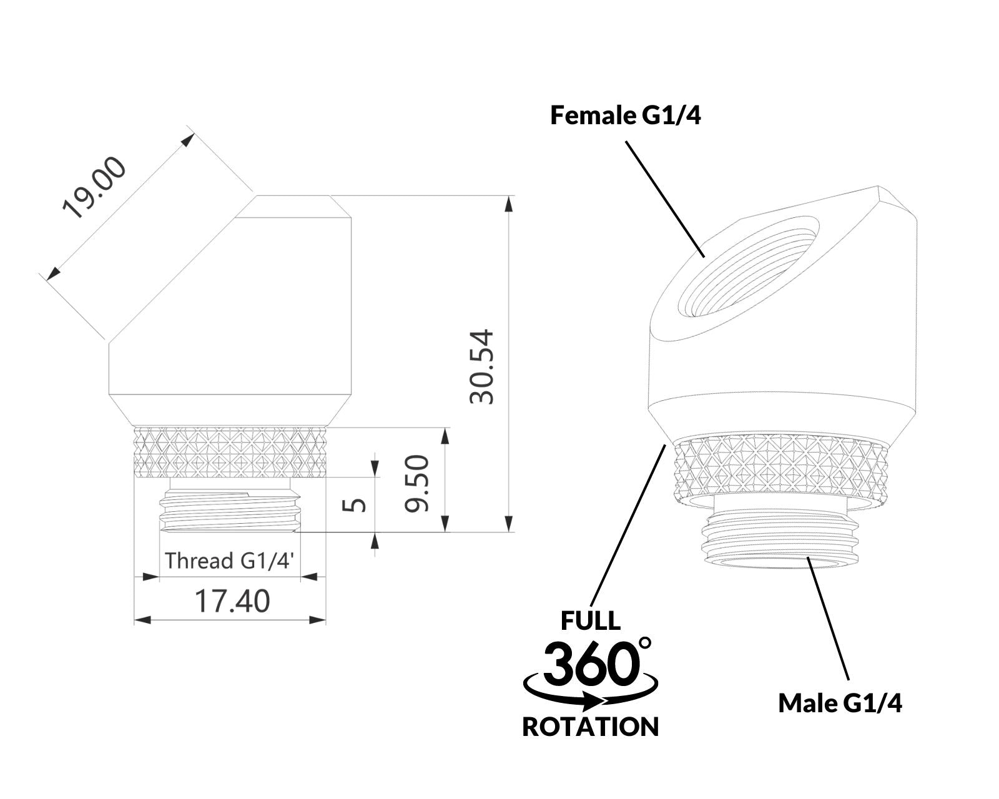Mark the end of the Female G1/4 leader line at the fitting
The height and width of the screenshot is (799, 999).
(704, 257)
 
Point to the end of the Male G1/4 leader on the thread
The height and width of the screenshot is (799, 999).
(808, 559)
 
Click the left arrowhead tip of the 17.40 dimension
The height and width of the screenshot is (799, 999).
(135, 619)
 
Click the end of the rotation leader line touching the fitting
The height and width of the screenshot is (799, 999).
(665, 445)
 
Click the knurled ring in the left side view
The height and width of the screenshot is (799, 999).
(230, 452)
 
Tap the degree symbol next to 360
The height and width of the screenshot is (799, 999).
(645, 644)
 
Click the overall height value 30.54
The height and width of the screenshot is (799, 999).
(481, 367)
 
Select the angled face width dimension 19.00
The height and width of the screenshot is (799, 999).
(94, 187)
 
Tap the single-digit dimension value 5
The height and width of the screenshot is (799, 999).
(354, 504)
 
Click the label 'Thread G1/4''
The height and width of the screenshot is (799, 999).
(230, 561)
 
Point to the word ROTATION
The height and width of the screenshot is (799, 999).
(591, 740)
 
